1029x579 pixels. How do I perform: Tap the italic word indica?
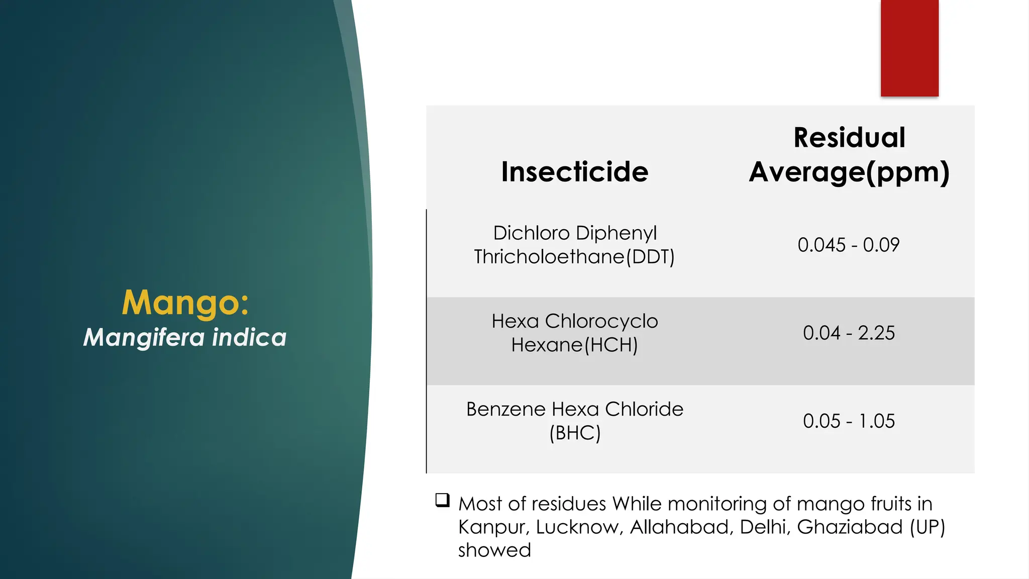(249, 337)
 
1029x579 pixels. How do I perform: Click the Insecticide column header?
(575, 172)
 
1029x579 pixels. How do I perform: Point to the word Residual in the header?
(849, 138)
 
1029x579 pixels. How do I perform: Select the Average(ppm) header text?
(849, 172)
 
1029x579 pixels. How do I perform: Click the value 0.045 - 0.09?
(849, 245)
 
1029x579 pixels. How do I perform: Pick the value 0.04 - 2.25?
(849, 333)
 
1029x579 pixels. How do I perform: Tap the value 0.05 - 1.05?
(849, 421)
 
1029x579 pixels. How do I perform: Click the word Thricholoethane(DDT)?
(574, 257)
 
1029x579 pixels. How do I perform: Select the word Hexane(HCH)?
(574, 345)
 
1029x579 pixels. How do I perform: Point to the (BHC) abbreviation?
(575, 433)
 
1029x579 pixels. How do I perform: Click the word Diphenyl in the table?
(616, 233)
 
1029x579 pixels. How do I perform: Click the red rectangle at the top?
(909, 48)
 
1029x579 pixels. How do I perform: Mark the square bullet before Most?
(443, 500)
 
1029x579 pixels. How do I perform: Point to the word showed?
(494, 550)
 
